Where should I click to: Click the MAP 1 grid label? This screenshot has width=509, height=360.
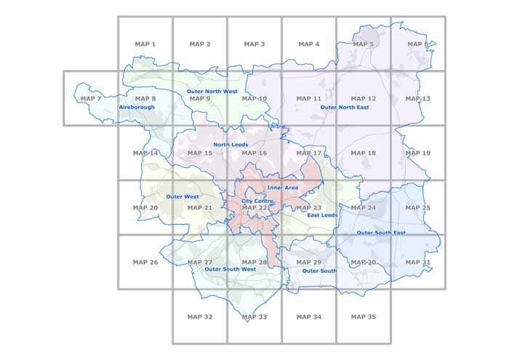[145, 44]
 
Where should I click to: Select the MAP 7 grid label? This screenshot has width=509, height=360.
[91, 99]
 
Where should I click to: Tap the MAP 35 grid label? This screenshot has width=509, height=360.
[363, 317]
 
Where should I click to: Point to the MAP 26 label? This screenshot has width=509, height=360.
[145, 263]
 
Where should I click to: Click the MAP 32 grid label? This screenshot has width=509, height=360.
[199, 317]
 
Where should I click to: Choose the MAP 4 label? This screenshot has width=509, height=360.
[308, 44]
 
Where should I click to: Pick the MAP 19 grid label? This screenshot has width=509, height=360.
[417, 153]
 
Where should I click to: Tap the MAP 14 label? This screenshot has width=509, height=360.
[145, 153]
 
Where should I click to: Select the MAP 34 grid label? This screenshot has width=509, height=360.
[308, 317]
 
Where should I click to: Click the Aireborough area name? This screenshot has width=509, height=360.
[137, 107]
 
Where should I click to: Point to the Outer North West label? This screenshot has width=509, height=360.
[212, 91]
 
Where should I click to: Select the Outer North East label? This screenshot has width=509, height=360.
[345, 107]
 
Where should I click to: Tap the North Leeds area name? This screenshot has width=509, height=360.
[231, 145]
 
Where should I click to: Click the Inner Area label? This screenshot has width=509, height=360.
[283, 188]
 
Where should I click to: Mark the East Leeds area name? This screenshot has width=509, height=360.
[322, 215]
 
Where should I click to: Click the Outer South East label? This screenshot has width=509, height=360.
[381, 233]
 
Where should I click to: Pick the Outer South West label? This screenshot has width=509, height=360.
[230, 269]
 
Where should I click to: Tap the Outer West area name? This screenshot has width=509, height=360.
[183, 196]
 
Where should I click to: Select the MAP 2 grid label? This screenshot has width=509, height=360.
[199, 44]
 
